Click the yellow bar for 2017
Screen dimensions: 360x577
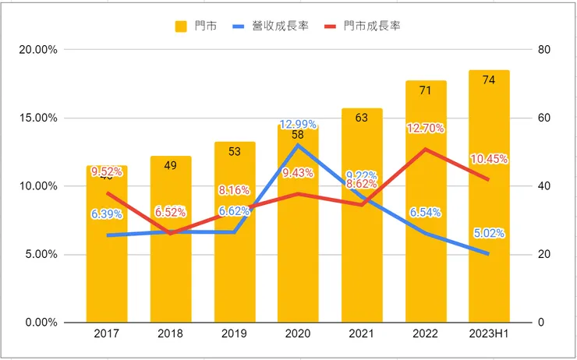(106, 257)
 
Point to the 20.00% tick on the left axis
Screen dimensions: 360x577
(38, 50)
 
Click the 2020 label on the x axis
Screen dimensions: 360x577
(298, 334)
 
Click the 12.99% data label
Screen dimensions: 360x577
(298, 125)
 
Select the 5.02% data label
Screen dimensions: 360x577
(489, 233)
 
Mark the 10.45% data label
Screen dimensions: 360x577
(489, 160)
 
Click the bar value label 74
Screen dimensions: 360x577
(489, 79)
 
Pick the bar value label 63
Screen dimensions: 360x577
(362, 118)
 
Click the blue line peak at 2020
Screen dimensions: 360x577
(298, 145)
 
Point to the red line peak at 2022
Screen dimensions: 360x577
(425, 149)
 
